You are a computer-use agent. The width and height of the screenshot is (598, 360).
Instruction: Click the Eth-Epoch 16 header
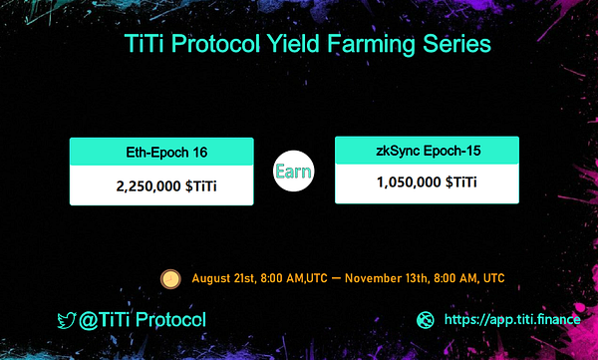click(160, 152)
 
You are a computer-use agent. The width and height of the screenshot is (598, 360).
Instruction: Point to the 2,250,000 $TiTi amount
click(160, 185)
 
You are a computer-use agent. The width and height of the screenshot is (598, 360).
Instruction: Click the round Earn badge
click(294, 171)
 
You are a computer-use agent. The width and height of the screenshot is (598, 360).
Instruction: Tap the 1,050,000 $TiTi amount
click(426, 183)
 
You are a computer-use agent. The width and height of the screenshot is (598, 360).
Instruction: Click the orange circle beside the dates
click(170, 276)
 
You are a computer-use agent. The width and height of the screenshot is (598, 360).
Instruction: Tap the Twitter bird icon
click(67, 321)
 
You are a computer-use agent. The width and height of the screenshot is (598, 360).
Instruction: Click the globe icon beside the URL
click(426, 321)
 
